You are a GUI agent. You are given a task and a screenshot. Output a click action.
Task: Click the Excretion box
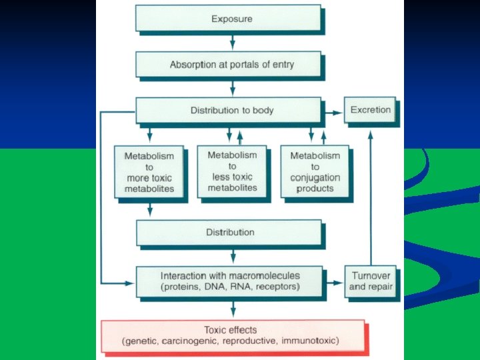[371, 109]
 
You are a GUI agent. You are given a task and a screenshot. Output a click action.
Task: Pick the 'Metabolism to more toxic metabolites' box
[149, 172]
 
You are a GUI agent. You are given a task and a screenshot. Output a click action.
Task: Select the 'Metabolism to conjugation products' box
[315, 171]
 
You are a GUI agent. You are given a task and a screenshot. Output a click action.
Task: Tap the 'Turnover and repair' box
[371, 281]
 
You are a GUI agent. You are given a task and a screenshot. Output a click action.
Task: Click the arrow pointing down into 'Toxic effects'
[233, 309]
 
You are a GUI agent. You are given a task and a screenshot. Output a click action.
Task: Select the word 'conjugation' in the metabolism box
[315, 177]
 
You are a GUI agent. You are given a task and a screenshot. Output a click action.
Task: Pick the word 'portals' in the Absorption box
[239, 65]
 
